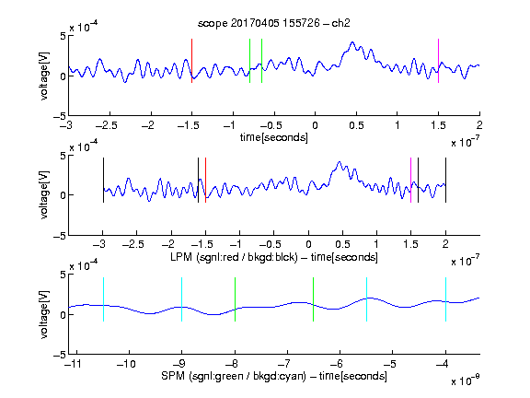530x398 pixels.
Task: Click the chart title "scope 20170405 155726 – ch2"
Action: click(x=274, y=23)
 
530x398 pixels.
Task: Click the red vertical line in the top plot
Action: click(x=191, y=61)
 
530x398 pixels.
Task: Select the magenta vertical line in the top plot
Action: click(x=438, y=61)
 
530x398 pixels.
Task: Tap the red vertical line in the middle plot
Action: click(x=205, y=180)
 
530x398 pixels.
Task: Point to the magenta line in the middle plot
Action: click(x=410, y=180)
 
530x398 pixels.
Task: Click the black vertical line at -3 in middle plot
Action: click(x=103, y=180)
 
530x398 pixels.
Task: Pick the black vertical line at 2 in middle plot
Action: click(x=446, y=180)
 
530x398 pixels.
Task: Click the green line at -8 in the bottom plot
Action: click(x=235, y=299)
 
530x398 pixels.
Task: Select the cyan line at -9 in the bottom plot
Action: click(x=182, y=299)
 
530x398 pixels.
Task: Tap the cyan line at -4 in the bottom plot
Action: click(x=446, y=299)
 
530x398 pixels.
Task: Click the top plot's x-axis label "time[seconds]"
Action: click(x=274, y=137)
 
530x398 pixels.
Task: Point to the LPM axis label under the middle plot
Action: click(x=274, y=257)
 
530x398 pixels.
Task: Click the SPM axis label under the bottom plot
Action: click(x=274, y=376)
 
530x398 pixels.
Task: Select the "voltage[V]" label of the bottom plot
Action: click(x=44, y=314)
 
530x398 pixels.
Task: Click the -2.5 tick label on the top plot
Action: click(x=106, y=125)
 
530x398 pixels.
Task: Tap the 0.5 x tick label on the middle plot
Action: click(x=342, y=244)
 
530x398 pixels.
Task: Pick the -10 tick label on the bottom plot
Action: click(x=126, y=364)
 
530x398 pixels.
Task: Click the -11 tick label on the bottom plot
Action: click(x=72, y=364)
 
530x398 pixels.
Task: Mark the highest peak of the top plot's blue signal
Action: click(x=352, y=42)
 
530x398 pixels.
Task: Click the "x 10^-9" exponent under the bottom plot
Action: click(x=466, y=380)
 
